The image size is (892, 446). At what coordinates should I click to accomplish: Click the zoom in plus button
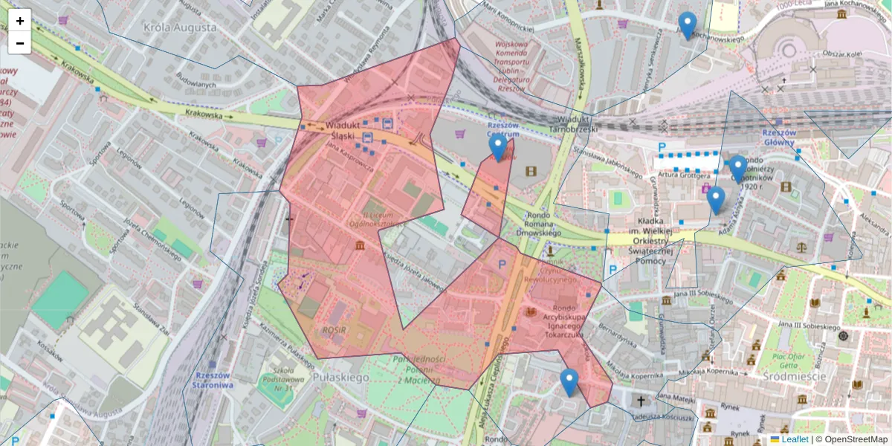(x=20, y=21)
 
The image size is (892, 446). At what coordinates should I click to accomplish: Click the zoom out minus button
(x=20, y=43)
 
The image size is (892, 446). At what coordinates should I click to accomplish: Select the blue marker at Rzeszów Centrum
(x=498, y=147)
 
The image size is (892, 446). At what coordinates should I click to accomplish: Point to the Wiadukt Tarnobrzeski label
(x=578, y=123)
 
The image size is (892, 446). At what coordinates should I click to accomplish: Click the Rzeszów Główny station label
(x=779, y=138)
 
